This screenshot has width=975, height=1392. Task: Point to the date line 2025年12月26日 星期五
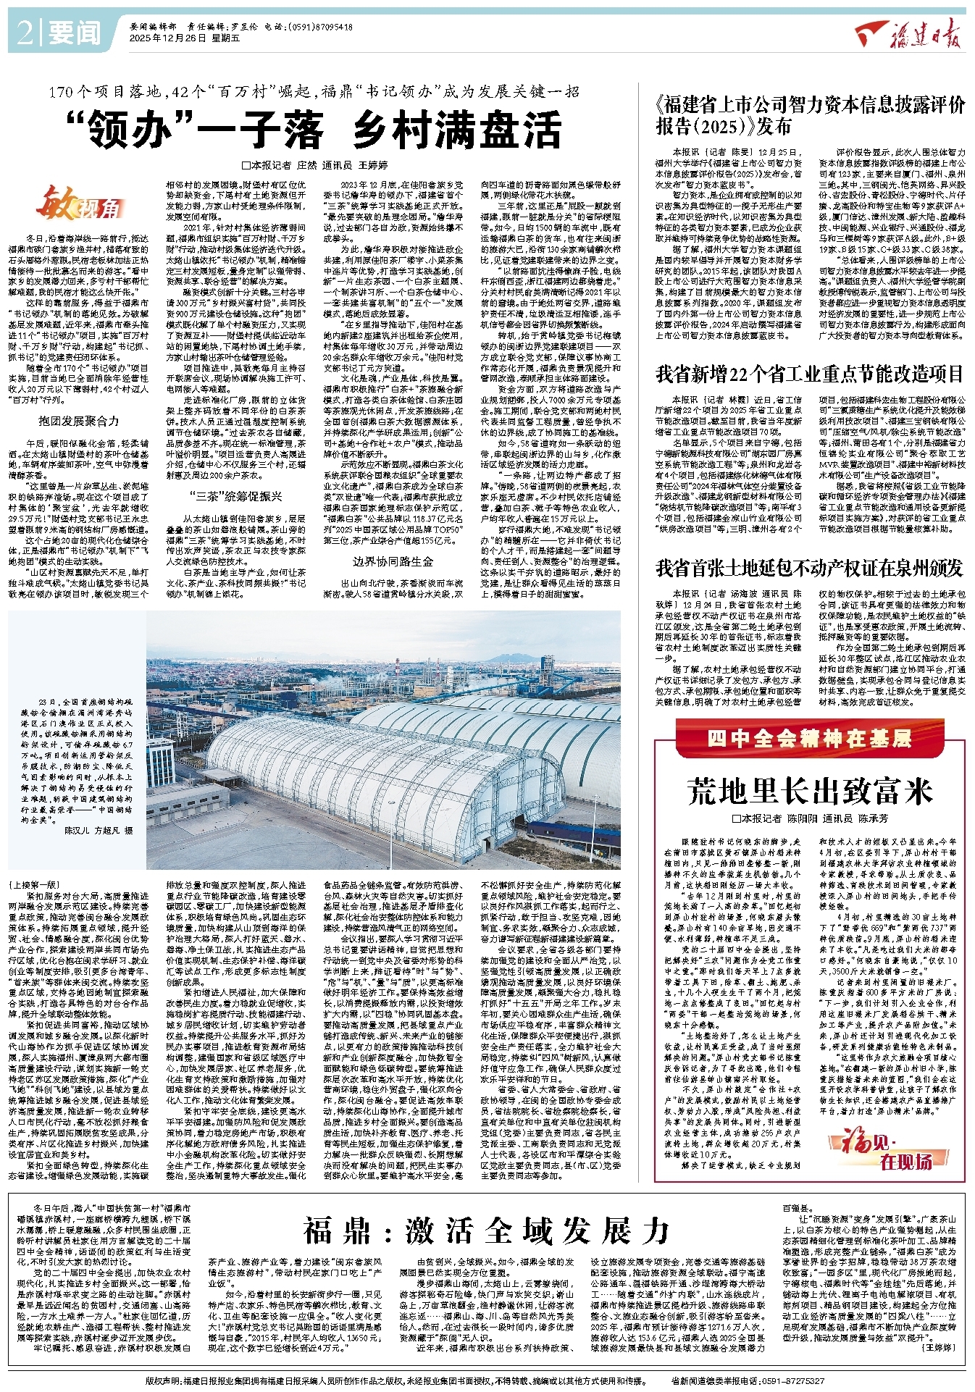click(x=174, y=38)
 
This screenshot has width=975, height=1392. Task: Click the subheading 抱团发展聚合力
click(x=78, y=421)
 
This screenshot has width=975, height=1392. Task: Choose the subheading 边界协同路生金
click(x=393, y=561)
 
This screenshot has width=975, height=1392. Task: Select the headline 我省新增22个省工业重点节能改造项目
click(x=809, y=374)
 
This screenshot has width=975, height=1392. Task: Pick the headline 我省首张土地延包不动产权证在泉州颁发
click(x=809, y=568)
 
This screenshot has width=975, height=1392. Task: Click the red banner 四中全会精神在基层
click(x=809, y=738)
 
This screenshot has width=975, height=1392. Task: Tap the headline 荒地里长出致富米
click(x=809, y=791)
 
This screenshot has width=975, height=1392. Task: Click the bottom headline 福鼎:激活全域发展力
click(x=487, y=1230)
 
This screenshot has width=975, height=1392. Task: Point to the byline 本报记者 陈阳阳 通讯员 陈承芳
click(x=809, y=818)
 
